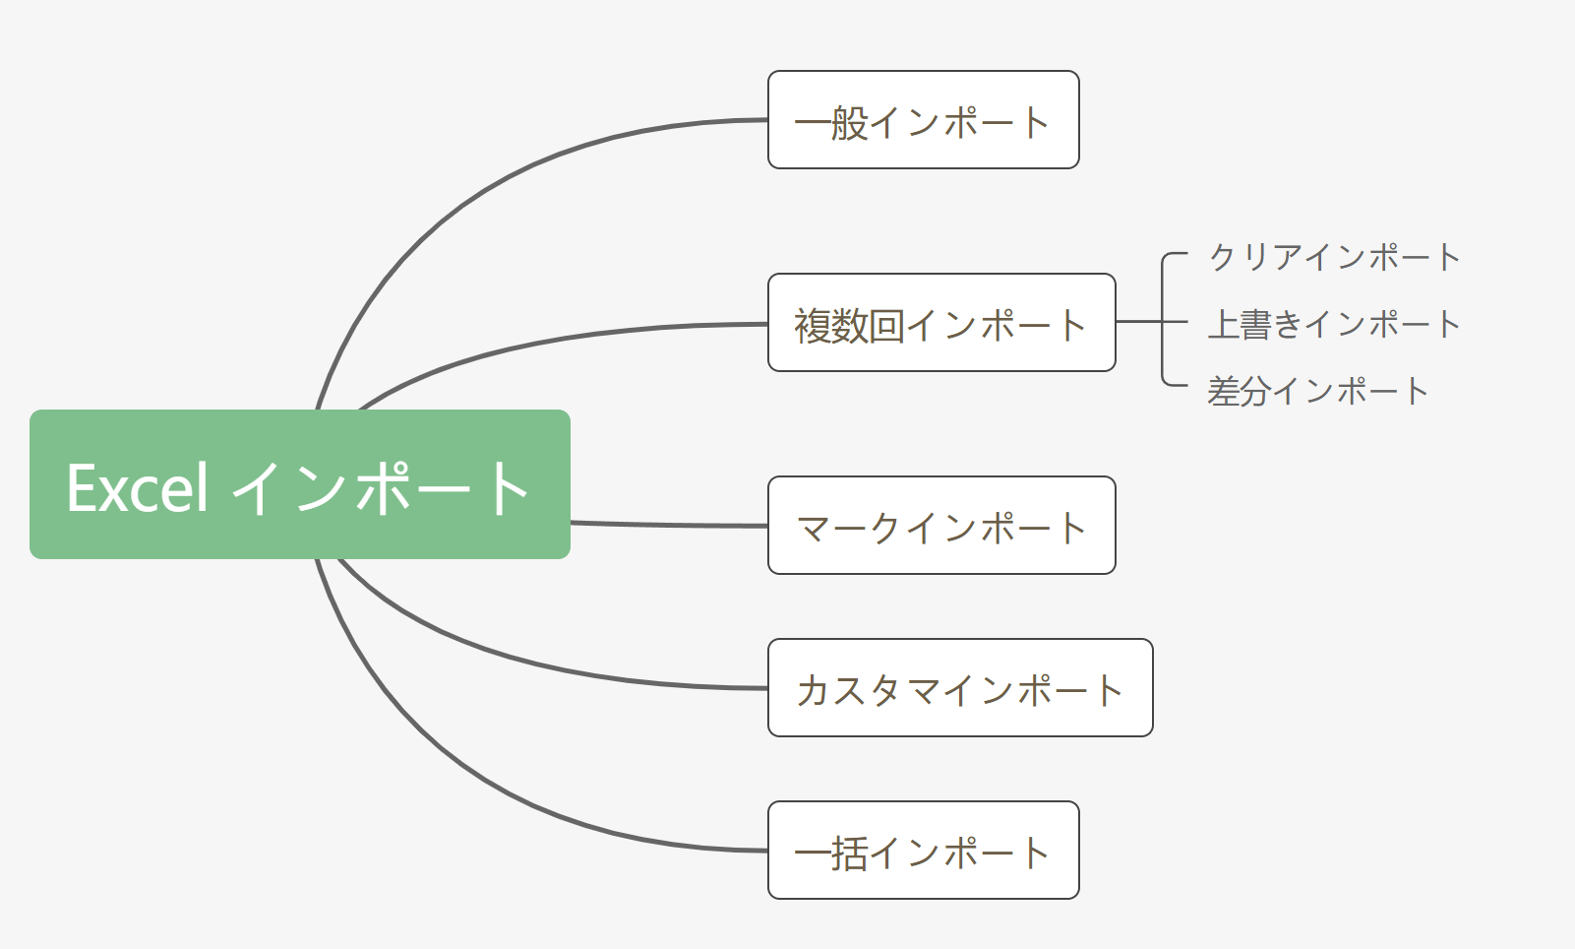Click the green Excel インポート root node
point(300,484)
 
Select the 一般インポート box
point(923,120)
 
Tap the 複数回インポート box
point(941,323)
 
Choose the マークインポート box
point(941,526)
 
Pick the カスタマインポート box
point(960,688)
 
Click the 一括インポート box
point(923,851)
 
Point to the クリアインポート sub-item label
point(1334,257)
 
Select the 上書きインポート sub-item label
point(1334,324)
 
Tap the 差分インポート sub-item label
point(1317,391)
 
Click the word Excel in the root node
point(138,487)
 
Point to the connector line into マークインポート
point(669,526)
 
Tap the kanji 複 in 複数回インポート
point(814,326)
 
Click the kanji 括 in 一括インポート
point(849,853)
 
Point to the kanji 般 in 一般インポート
point(849,123)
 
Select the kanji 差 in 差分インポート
point(1224,392)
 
